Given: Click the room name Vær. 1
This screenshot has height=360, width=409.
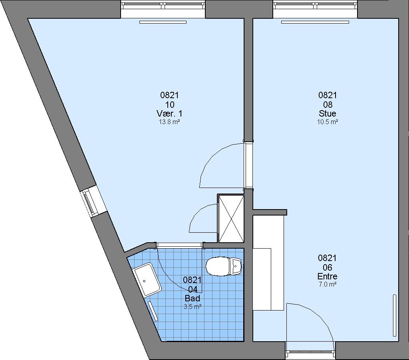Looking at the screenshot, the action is tap(169, 113).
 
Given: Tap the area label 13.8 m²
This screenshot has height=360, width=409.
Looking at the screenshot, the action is tap(169, 122).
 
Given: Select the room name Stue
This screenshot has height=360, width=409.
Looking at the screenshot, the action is tap(328, 113).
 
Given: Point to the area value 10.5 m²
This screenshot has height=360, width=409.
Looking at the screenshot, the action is tap(328, 122).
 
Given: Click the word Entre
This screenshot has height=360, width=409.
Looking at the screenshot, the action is tap(328, 276).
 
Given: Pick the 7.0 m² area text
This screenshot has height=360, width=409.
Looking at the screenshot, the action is tap(328, 285).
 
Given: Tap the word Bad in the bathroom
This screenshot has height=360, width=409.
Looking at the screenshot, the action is tap(192, 298).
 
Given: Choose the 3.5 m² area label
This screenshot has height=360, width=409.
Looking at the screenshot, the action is tap(192, 307).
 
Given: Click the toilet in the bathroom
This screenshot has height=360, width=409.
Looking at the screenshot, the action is tap(224, 267).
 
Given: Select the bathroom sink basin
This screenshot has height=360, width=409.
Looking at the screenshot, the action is tap(147, 279).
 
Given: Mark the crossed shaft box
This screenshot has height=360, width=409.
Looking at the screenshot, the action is tap(231, 218).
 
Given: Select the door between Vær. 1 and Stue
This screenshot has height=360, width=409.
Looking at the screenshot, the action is tap(248, 165).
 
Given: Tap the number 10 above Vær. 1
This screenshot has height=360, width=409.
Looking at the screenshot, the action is tap(169, 105).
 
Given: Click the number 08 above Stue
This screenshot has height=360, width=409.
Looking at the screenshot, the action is tap(328, 105).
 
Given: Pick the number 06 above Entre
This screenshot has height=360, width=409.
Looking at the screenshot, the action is tap(328, 267).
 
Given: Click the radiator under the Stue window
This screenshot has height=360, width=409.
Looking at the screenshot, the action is tap(315, 22).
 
